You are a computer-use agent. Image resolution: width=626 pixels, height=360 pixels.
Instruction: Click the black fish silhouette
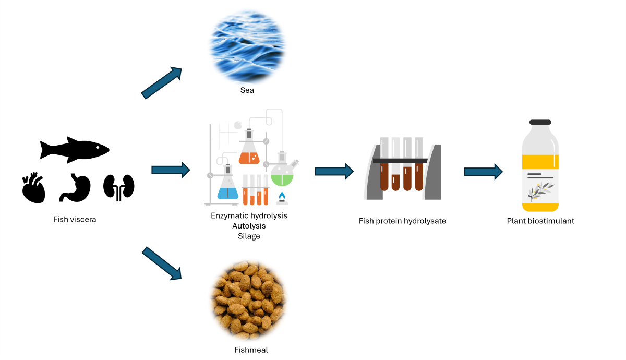coord(74,150)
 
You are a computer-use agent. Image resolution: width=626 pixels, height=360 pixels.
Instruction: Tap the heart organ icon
coord(33,188)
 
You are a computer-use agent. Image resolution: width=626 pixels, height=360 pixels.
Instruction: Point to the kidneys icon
coord(119,187)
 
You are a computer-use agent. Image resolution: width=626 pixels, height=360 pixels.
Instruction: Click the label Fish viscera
coord(75,219)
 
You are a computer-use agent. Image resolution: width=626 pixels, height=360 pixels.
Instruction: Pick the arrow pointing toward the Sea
coord(161,82)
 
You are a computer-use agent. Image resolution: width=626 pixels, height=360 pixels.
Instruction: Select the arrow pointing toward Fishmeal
coord(161,264)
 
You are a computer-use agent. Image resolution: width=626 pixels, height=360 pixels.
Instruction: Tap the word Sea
coord(247,90)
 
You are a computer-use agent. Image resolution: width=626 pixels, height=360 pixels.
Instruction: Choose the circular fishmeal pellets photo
coord(248,301)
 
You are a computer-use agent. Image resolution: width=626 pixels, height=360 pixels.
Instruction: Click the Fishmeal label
coord(251,350)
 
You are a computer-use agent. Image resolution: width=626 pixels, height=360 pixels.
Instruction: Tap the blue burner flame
coord(282,197)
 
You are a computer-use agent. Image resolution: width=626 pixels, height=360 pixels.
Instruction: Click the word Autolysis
coord(249,226)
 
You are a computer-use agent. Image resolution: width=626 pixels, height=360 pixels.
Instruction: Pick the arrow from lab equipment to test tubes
coord(334,171)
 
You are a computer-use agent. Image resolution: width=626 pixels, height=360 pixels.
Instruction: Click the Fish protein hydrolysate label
coord(402,221)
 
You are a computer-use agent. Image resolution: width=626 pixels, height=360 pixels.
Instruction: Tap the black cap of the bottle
coord(540,122)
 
